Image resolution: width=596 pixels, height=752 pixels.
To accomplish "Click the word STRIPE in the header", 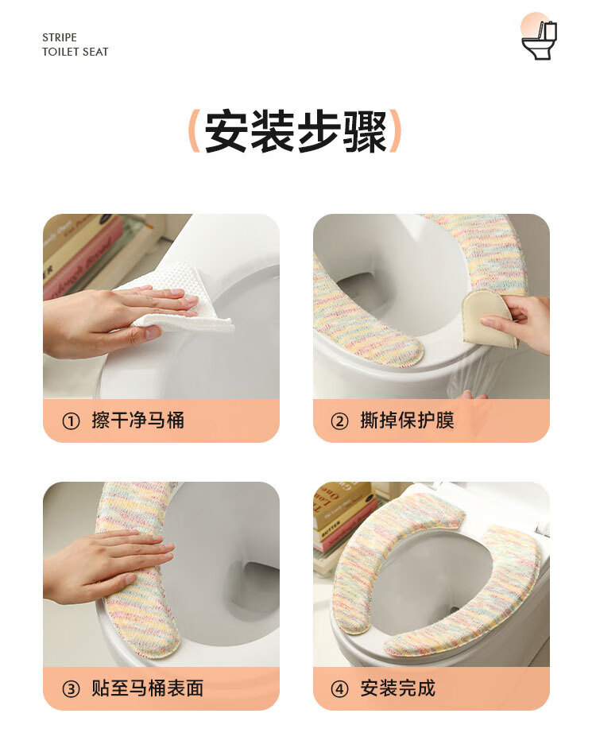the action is click(60, 37).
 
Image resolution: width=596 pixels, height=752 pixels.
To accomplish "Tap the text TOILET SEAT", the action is click(75, 52).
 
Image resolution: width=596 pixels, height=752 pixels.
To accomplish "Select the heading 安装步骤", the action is click(296, 131).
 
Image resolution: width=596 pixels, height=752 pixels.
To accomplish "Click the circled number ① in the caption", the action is click(71, 421).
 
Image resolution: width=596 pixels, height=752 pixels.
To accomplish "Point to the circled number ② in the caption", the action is click(339, 421).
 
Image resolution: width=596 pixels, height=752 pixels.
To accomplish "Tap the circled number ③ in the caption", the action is click(71, 689).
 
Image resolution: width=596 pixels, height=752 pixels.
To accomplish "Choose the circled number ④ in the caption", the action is click(339, 689).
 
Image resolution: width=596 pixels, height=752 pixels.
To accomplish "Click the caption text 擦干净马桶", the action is click(138, 421).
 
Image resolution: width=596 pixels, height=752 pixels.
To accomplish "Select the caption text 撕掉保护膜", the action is click(407, 421).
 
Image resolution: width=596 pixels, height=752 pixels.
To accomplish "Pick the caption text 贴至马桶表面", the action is click(148, 688).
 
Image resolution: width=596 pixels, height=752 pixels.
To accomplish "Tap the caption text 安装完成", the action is click(398, 688).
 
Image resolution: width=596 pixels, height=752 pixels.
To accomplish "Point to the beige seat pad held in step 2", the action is click(486, 319).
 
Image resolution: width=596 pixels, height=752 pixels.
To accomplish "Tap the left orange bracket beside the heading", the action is click(194, 131).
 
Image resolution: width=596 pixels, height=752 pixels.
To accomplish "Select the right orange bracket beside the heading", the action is click(395, 131).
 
